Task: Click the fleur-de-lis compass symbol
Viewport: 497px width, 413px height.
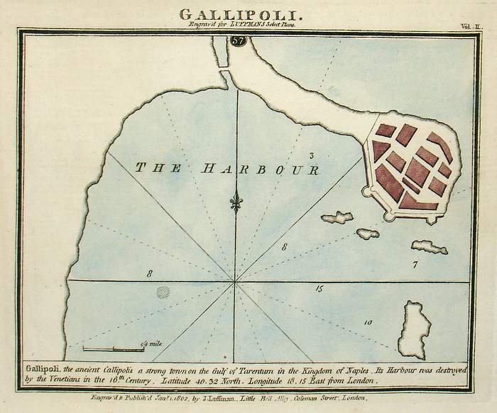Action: point(236,202)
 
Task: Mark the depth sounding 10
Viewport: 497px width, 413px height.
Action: point(367,323)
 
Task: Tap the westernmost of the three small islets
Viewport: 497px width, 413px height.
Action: point(337,217)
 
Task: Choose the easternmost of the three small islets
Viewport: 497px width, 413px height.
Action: point(429,247)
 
